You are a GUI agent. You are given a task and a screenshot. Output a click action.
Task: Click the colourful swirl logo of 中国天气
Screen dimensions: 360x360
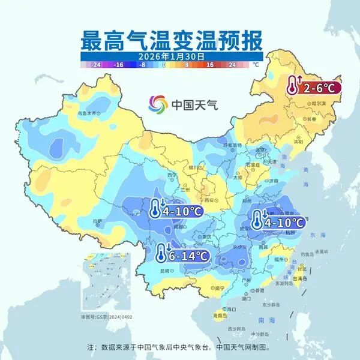pyautogui.click(x=158, y=104)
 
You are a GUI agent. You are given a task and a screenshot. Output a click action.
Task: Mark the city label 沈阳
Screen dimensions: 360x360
pyautogui.click(x=298, y=141)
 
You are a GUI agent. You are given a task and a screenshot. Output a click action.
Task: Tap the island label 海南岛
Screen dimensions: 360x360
pyautogui.click(x=221, y=315)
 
